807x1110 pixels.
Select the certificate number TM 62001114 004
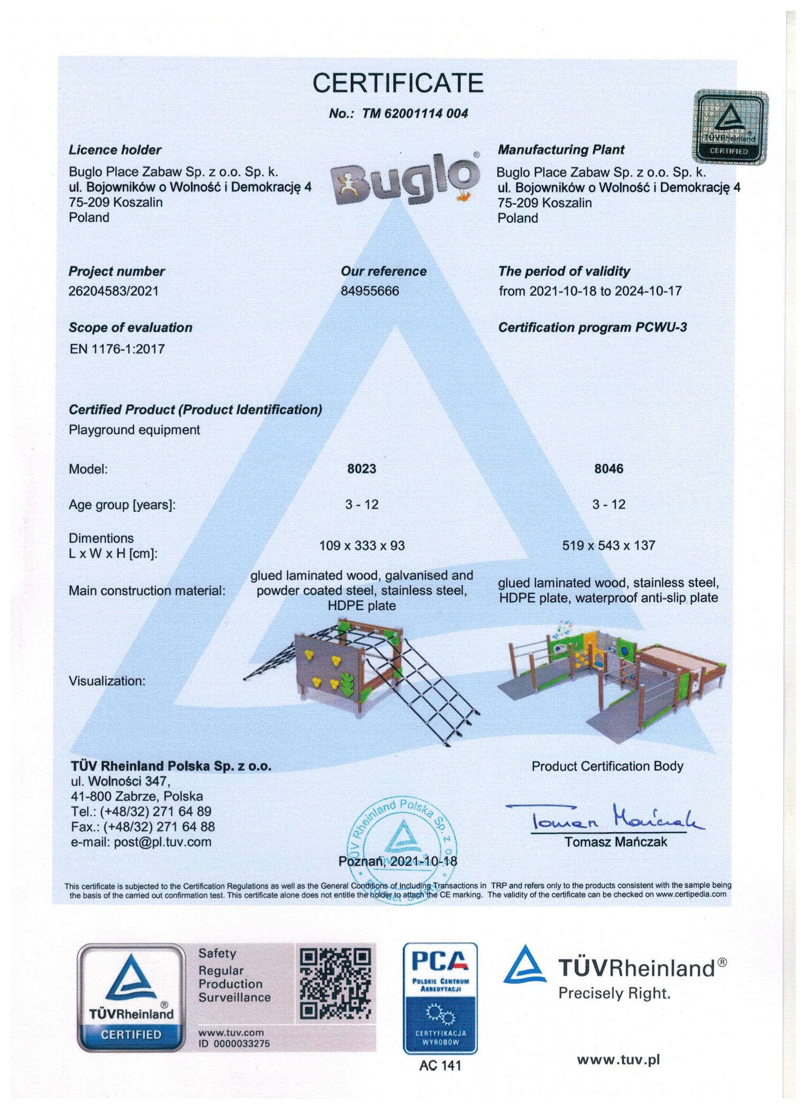(x=398, y=113)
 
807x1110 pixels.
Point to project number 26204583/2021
(x=113, y=291)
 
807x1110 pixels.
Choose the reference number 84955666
(x=370, y=291)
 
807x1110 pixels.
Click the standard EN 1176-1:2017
(x=117, y=349)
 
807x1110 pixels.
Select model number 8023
(x=362, y=469)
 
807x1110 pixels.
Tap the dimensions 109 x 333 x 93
(x=362, y=545)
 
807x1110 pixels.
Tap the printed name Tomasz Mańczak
(x=616, y=842)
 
